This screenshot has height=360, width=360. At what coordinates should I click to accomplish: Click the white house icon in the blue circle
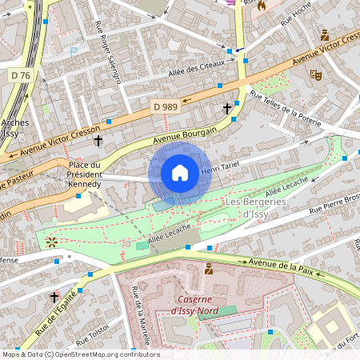[180, 173]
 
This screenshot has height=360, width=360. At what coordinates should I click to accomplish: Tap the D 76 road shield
[23, 75]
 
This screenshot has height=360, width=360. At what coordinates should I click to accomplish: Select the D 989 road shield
[166, 106]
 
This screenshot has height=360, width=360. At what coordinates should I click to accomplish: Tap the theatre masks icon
[315, 74]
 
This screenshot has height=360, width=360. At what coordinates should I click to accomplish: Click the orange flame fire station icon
[261, 5]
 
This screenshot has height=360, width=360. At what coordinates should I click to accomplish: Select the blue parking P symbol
[74, 52]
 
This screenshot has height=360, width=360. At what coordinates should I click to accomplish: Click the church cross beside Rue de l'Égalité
[54, 297]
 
